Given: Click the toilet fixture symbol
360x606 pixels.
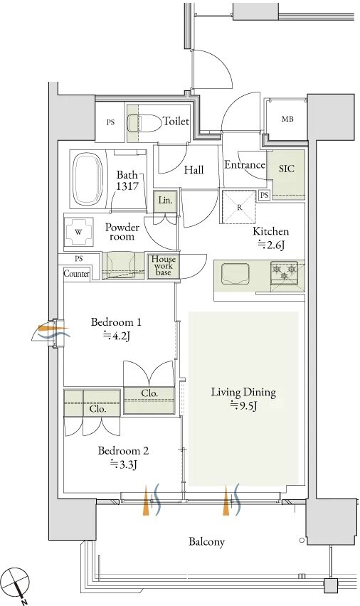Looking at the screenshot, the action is point(144,123).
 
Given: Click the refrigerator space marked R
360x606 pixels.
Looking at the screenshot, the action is point(239,207).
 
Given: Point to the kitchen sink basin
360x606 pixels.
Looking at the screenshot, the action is point(235,274).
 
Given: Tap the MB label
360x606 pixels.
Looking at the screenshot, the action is point(287,119).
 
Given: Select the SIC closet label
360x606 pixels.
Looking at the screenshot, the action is point(287,169).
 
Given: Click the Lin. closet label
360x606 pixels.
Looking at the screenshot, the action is point(165,201).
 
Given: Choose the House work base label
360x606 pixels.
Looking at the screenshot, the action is point(164,265).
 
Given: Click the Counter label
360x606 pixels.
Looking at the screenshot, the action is point(77,274).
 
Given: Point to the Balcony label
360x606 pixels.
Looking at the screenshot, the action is point(206,541).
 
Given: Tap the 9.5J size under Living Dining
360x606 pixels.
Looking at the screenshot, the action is point(244,406).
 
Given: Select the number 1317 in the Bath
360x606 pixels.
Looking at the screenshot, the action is point(127,186).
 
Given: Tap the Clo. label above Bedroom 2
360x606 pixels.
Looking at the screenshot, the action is point(98,409).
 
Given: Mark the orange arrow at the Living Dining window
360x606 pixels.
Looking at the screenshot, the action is point(226,501).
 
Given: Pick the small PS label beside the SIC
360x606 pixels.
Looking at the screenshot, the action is point(265,196).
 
